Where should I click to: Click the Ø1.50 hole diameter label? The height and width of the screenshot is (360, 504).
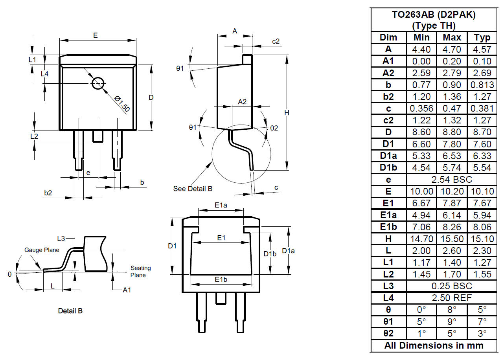click(x=122, y=104)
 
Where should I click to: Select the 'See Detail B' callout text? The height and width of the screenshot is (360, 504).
click(x=193, y=189)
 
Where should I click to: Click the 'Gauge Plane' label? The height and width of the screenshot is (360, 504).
click(x=42, y=250)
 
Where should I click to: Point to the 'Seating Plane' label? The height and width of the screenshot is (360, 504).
click(x=141, y=271)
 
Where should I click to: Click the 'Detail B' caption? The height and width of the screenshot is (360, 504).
click(x=70, y=311)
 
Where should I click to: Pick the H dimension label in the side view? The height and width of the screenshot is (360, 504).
click(x=287, y=113)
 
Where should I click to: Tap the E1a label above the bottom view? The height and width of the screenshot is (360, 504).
click(x=221, y=205)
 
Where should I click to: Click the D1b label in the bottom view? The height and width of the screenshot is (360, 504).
click(x=270, y=254)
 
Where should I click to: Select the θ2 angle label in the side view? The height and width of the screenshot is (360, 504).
click(x=274, y=128)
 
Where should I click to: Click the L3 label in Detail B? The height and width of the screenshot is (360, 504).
click(x=61, y=239)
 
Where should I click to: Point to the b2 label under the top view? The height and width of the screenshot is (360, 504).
click(x=48, y=193)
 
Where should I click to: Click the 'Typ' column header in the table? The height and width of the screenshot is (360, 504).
click(x=482, y=38)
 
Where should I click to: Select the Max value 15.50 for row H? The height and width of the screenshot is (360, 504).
click(x=452, y=239)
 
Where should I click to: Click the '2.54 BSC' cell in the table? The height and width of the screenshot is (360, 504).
click(x=452, y=180)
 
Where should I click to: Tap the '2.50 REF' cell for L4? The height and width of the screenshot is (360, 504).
click(x=452, y=298)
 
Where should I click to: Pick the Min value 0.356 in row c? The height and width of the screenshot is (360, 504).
click(x=421, y=108)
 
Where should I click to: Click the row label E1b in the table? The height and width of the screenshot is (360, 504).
click(x=388, y=227)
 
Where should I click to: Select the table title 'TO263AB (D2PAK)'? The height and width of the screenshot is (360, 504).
click(x=434, y=15)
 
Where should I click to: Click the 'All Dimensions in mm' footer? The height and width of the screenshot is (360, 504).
click(x=434, y=345)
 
